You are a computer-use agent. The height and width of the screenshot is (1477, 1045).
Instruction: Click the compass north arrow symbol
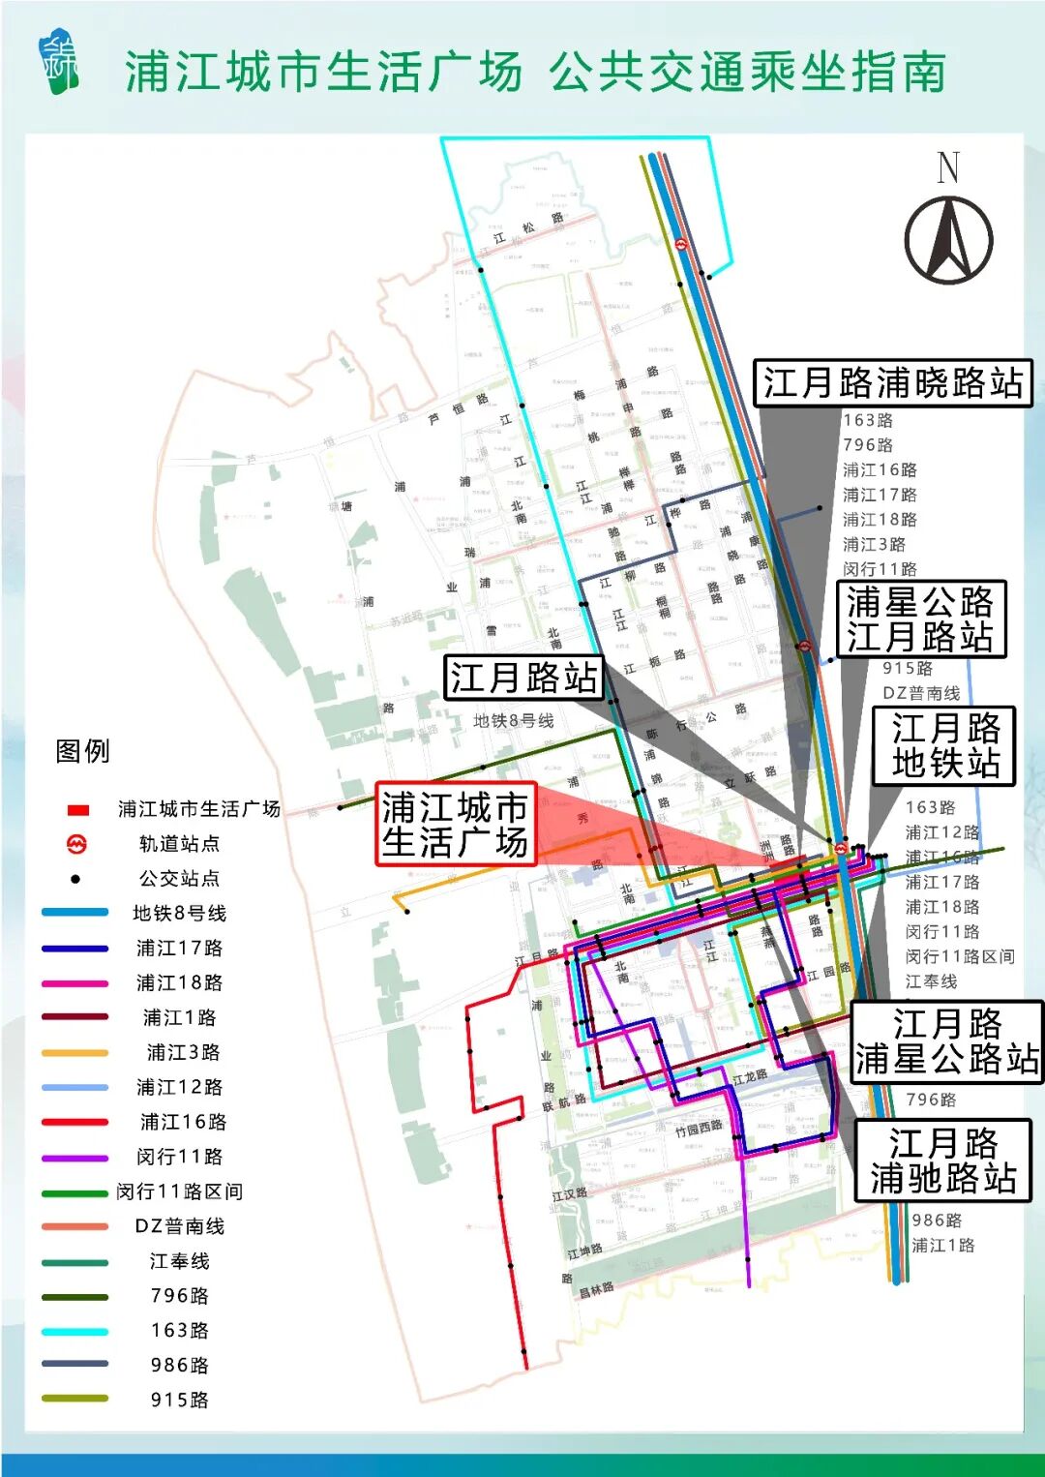point(948,240)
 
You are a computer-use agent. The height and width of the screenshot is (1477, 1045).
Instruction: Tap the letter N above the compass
point(948,167)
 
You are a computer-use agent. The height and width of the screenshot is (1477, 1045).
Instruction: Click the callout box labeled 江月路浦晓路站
point(892,383)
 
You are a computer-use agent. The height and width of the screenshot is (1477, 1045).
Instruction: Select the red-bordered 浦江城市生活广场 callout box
point(455,824)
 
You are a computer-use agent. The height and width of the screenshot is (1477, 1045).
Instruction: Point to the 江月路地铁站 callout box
point(944,745)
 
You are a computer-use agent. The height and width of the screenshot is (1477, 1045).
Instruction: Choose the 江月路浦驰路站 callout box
point(942,1160)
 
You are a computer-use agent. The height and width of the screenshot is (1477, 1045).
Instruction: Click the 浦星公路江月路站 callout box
point(920,619)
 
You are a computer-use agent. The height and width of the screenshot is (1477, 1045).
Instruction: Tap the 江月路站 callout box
point(523,678)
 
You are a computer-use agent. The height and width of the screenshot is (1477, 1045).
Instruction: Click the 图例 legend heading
point(83,751)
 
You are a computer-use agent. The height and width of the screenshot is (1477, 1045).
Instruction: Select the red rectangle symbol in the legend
point(78,809)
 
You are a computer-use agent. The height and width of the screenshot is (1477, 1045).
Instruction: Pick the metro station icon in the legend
point(76,844)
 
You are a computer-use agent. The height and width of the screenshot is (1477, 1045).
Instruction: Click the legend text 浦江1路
point(179,1017)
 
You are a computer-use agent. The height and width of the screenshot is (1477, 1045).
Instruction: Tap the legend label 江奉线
point(179,1261)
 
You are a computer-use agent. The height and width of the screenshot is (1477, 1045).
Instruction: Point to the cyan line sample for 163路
point(75,1332)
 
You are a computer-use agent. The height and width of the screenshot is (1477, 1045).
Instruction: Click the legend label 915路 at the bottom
point(179,1400)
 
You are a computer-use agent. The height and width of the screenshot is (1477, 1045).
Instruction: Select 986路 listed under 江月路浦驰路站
point(937,1221)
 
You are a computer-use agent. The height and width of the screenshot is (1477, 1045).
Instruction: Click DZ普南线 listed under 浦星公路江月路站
point(921,693)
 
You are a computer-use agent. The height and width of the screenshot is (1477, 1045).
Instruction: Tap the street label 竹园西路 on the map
point(699,1129)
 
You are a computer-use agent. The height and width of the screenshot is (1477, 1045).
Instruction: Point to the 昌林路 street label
point(596,1290)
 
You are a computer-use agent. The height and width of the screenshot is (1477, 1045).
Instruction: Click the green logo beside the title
point(60,65)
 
